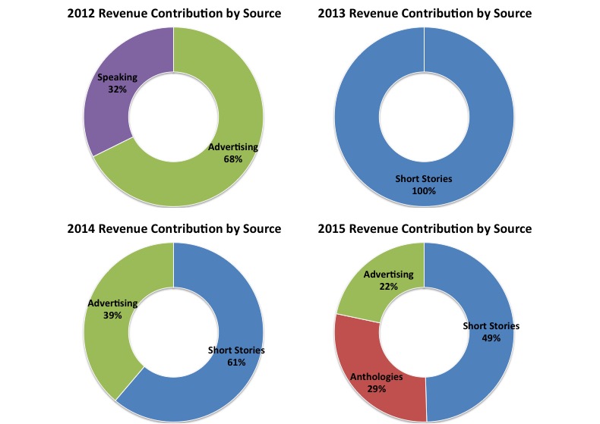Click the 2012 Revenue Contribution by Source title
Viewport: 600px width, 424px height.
click(174, 14)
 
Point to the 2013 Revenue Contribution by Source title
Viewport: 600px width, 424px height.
click(425, 14)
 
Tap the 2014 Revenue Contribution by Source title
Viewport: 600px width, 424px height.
click(174, 228)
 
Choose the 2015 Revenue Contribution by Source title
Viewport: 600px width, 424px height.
click(425, 228)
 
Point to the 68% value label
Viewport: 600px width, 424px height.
click(233, 159)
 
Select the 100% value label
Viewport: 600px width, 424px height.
click(424, 191)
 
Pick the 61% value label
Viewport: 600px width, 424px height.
click(236, 363)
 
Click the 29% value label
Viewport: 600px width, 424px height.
click(377, 388)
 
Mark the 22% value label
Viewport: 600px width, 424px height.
click(388, 286)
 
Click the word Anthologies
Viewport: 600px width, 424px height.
click(377, 377)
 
